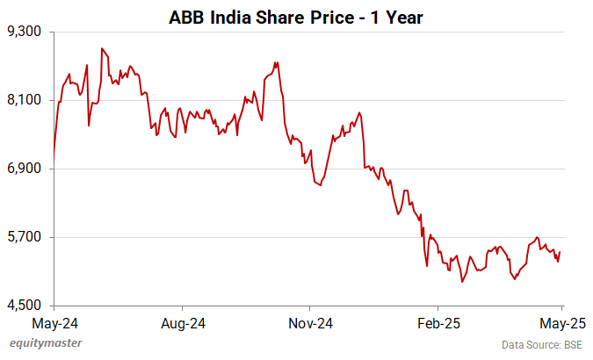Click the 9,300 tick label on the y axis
[x=25, y=32]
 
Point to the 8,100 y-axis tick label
[x=25, y=100]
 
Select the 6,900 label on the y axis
[x=25, y=169]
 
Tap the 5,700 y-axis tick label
[x=25, y=237]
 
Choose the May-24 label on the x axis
[x=54, y=321]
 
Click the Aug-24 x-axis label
[x=182, y=321]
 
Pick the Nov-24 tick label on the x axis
[x=310, y=321]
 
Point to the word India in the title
[x=231, y=15]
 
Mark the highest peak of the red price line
[x=101, y=48]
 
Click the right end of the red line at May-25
[x=560, y=253]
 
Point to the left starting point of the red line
[x=54, y=155]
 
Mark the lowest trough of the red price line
[x=461, y=282]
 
